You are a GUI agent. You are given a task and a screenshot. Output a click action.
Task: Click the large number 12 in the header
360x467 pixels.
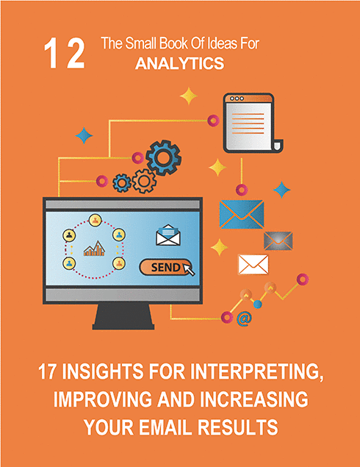point(65,54)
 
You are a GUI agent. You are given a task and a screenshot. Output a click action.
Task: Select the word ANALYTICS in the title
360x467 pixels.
point(180,63)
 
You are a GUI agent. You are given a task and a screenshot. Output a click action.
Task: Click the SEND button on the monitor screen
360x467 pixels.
point(165,267)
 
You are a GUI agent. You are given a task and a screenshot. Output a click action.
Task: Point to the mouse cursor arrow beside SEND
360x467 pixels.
point(189,269)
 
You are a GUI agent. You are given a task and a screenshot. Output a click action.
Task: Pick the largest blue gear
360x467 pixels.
point(163,157)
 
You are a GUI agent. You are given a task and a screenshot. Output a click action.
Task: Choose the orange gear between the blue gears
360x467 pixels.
point(144,181)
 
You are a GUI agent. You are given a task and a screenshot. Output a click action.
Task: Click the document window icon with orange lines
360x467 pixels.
point(252,123)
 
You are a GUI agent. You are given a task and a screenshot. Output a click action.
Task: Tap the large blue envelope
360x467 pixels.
point(242,214)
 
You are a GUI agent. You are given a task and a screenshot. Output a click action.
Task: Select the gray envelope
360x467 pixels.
point(278,240)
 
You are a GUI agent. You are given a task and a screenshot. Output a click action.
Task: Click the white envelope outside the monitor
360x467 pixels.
point(253,265)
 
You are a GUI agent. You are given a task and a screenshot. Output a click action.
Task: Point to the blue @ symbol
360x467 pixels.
point(244,318)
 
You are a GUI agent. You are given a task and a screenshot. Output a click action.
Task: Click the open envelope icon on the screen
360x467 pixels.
point(168,235)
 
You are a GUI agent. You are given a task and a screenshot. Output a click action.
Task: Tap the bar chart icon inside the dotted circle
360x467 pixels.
point(94,249)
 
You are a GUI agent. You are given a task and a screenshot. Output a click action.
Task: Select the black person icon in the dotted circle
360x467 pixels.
point(69,235)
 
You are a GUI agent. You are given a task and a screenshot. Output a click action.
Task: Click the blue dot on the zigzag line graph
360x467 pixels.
point(258,304)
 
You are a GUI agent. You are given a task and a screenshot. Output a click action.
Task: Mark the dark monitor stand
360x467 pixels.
point(123,316)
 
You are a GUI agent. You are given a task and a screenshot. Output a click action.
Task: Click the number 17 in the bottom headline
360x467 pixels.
point(46,371)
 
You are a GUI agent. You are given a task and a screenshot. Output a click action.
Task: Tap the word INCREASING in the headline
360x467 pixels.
point(254,399)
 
